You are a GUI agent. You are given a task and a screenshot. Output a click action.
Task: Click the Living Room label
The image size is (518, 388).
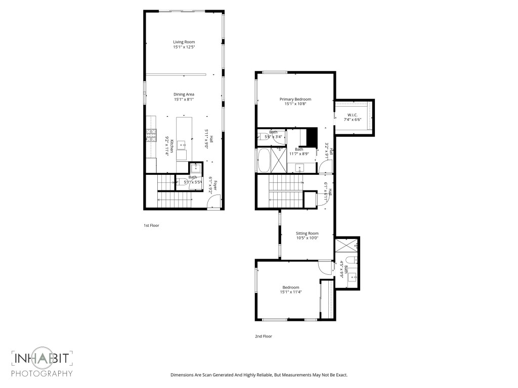184,42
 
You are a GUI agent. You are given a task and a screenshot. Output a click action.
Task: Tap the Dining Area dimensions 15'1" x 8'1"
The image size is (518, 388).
184,100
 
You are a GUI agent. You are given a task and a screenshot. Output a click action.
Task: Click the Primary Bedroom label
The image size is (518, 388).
295,99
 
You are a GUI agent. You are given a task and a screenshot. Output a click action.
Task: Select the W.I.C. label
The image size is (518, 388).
353,115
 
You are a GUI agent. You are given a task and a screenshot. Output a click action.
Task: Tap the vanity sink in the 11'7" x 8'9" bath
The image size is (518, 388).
299,168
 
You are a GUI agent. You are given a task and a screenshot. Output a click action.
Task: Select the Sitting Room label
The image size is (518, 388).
307,233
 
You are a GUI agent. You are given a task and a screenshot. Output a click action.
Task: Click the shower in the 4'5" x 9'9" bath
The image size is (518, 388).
347,245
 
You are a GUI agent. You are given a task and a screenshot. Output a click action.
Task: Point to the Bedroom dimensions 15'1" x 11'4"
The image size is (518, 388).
291,292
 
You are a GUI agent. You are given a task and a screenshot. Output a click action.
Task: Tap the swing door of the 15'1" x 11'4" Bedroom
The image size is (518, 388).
323,267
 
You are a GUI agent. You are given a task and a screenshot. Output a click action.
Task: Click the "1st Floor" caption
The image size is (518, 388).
151,225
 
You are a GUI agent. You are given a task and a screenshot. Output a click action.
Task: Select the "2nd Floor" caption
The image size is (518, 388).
263,336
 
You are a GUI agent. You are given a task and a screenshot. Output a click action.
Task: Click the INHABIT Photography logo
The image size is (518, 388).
42,363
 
